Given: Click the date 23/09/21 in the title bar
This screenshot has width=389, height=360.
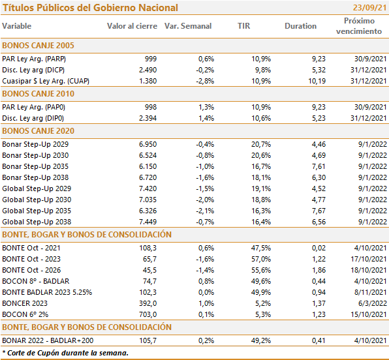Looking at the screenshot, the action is (x=369, y=8).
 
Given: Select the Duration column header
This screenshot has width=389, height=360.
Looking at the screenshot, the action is (x=300, y=26).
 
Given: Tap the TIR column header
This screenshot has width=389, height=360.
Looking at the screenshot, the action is (x=244, y=26).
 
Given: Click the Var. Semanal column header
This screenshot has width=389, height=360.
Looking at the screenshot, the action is (x=188, y=26).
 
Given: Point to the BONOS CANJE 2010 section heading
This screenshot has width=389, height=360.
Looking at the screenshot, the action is (x=39, y=94).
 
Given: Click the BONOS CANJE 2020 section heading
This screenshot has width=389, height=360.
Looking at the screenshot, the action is (x=39, y=131).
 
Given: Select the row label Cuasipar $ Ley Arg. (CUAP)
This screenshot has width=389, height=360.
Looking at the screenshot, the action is (x=46, y=81).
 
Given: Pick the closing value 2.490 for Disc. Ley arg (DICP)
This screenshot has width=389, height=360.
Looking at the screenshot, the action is (x=148, y=70).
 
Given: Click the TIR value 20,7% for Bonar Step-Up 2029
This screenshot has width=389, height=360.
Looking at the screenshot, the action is (x=261, y=144).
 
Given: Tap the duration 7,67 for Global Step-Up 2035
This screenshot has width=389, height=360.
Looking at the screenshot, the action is (x=319, y=211).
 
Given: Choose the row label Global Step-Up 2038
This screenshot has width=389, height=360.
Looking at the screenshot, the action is (x=37, y=222).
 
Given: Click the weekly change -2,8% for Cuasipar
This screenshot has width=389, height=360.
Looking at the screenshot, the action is (x=205, y=81).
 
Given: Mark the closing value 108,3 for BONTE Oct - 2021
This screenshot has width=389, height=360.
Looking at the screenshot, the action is (x=148, y=248).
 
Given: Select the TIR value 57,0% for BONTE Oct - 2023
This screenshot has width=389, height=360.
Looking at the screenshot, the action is (x=261, y=259).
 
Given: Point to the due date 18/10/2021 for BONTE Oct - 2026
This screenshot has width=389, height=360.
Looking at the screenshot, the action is (x=369, y=270).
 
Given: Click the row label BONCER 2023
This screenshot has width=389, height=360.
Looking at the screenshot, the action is (x=25, y=303).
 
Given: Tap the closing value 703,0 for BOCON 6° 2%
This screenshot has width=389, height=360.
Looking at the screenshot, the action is (x=148, y=314).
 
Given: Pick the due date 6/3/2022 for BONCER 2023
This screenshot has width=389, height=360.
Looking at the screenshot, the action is (x=373, y=303).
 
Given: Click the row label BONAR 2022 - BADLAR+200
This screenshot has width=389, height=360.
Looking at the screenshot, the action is (x=48, y=340).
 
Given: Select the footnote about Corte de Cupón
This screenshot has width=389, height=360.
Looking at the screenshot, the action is (x=65, y=353).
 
